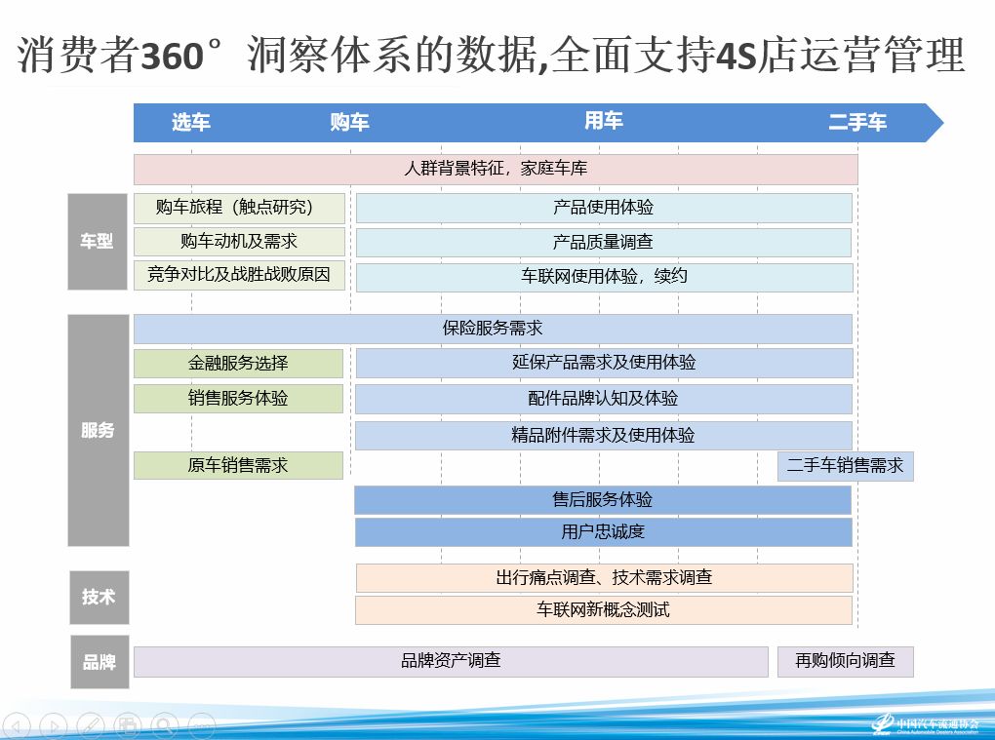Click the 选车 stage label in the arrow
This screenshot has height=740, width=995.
point(191,122)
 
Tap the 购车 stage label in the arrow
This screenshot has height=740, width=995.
point(349,122)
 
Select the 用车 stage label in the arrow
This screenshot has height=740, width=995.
point(604,121)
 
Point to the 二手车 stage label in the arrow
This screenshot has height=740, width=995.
point(857,122)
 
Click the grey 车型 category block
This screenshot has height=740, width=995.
point(98,242)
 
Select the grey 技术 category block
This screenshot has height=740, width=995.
point(99,598)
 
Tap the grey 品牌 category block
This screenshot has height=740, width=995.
point(99,662)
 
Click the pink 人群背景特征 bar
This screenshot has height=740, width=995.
point(496,169)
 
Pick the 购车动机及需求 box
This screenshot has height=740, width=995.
point(239,242)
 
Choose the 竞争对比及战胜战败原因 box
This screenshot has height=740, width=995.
point(239,275)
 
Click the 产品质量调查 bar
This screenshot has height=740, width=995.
point(604,242)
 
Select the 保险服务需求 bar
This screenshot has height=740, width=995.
point(493,329)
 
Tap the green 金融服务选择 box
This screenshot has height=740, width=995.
point(239,364)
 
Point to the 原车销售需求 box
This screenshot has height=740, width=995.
point(239,465)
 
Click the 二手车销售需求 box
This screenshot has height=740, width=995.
point(845,466)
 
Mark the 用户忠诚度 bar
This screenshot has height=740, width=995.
point(604,532)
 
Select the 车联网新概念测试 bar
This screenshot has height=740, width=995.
point(604,610)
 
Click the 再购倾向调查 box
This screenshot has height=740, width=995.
point(845,661)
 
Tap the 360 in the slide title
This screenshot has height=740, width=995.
point(172,56)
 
